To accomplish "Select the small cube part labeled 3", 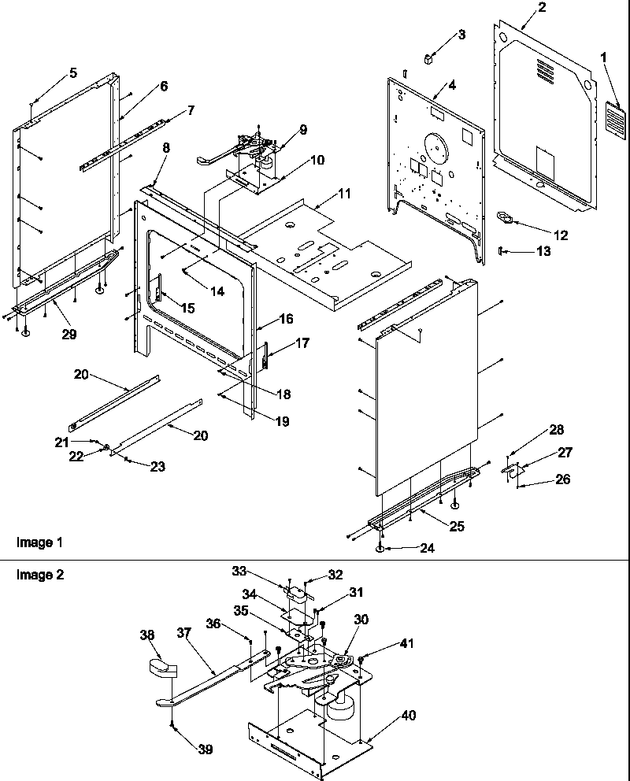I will click(428, 57).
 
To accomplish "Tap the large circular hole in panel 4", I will click(432, 147).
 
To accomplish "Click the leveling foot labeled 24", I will click(380, 548).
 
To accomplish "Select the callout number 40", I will click(408, 716).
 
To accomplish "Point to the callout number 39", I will click(205, 750).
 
